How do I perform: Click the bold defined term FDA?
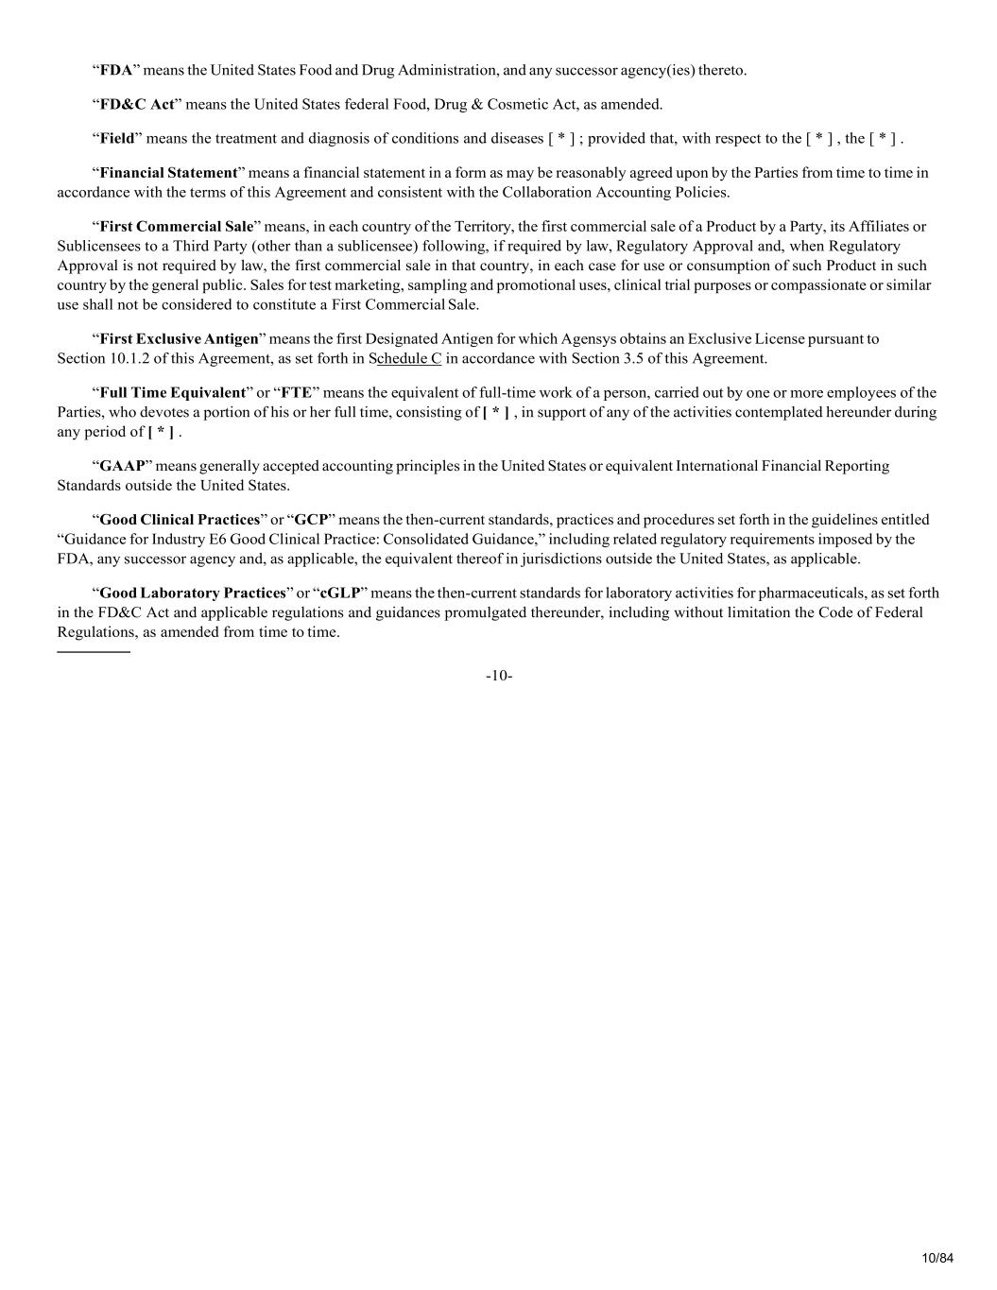(x=116, y=70)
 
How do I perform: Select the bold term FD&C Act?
(x=138, y=104)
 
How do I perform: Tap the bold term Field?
(x=117, y=138)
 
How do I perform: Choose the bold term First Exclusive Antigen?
(x=179, y=338)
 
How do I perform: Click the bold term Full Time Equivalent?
(x=172, y=392)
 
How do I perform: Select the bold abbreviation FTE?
(x=296, y=392)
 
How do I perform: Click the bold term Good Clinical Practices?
(x=180, y=519)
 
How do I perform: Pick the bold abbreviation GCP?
(x=311, y=519)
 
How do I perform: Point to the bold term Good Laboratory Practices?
(x=193, y=593)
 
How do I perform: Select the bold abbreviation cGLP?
(x=340, y=593)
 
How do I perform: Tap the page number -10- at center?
(x=499, y=675)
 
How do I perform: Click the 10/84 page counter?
(x=937, y=1257)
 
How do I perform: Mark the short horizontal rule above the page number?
(x=94, y=652)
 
